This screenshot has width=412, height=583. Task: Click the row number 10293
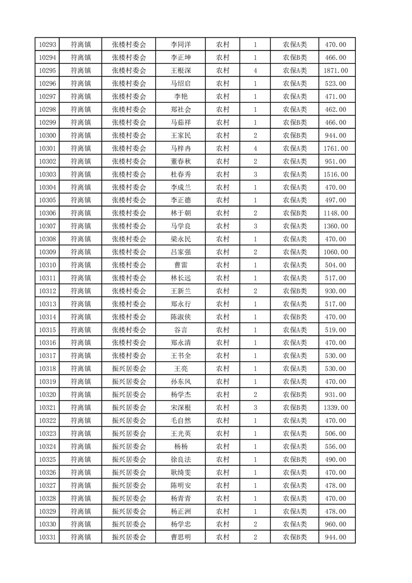pos(47,44)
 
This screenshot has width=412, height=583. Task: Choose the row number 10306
pos(47,213)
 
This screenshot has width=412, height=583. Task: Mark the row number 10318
pos(47,368)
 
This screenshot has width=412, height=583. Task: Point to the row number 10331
pos(47,537)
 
